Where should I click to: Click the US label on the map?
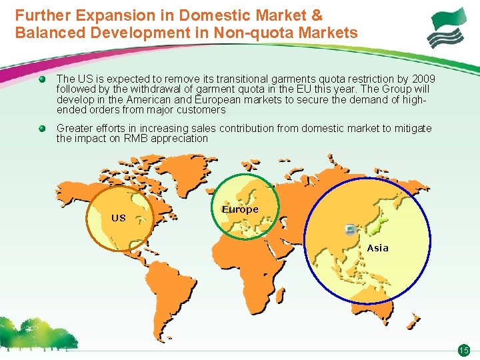[119, 218]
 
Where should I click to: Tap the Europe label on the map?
[240, 209]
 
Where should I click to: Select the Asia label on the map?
[377, 248]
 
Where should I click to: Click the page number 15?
[463, 351]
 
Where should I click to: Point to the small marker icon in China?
[351, 229]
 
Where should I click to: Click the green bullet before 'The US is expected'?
[42, 79]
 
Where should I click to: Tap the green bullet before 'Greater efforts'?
[42, 128]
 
